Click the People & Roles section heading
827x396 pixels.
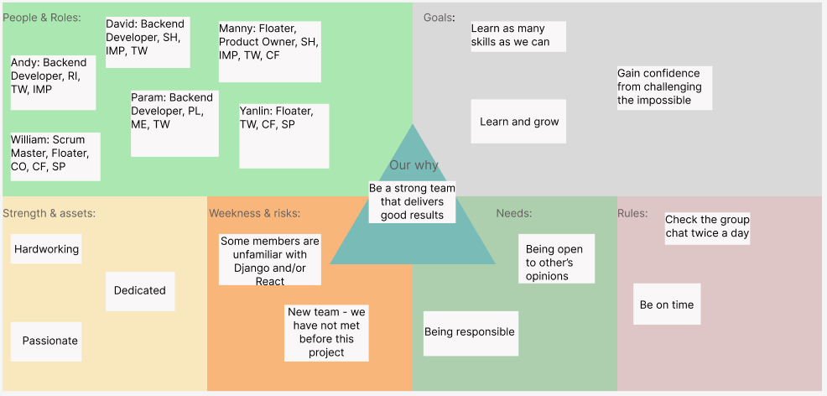[x=42, y=18]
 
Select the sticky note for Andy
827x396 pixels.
[x=52, y=82]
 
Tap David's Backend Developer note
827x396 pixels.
[x=147, y=42]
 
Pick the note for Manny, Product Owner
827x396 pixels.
[x=269, y=51]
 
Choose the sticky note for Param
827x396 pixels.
[x=174, y=122]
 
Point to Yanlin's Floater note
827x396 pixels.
[x=283, y=135]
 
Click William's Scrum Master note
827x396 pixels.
[x=55, y=156]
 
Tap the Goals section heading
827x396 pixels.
[x=440, y=18]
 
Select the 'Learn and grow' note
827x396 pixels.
[x=518, y=122]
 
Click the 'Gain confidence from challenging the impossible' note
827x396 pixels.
[x=663, y=87]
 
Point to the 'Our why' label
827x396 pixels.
[x=413, y=165]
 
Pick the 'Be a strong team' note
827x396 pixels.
[x=412, y=202]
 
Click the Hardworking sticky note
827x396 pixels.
[x=46, y=249]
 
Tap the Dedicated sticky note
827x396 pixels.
[x=140, y=291]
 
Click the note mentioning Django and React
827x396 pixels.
[x=270, y=260]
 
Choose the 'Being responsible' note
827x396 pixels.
[x=470, y=333]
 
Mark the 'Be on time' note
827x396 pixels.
[x=667, y=305]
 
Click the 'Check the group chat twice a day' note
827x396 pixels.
[x=707, y=227]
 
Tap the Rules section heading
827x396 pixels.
[x=632, y=213]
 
